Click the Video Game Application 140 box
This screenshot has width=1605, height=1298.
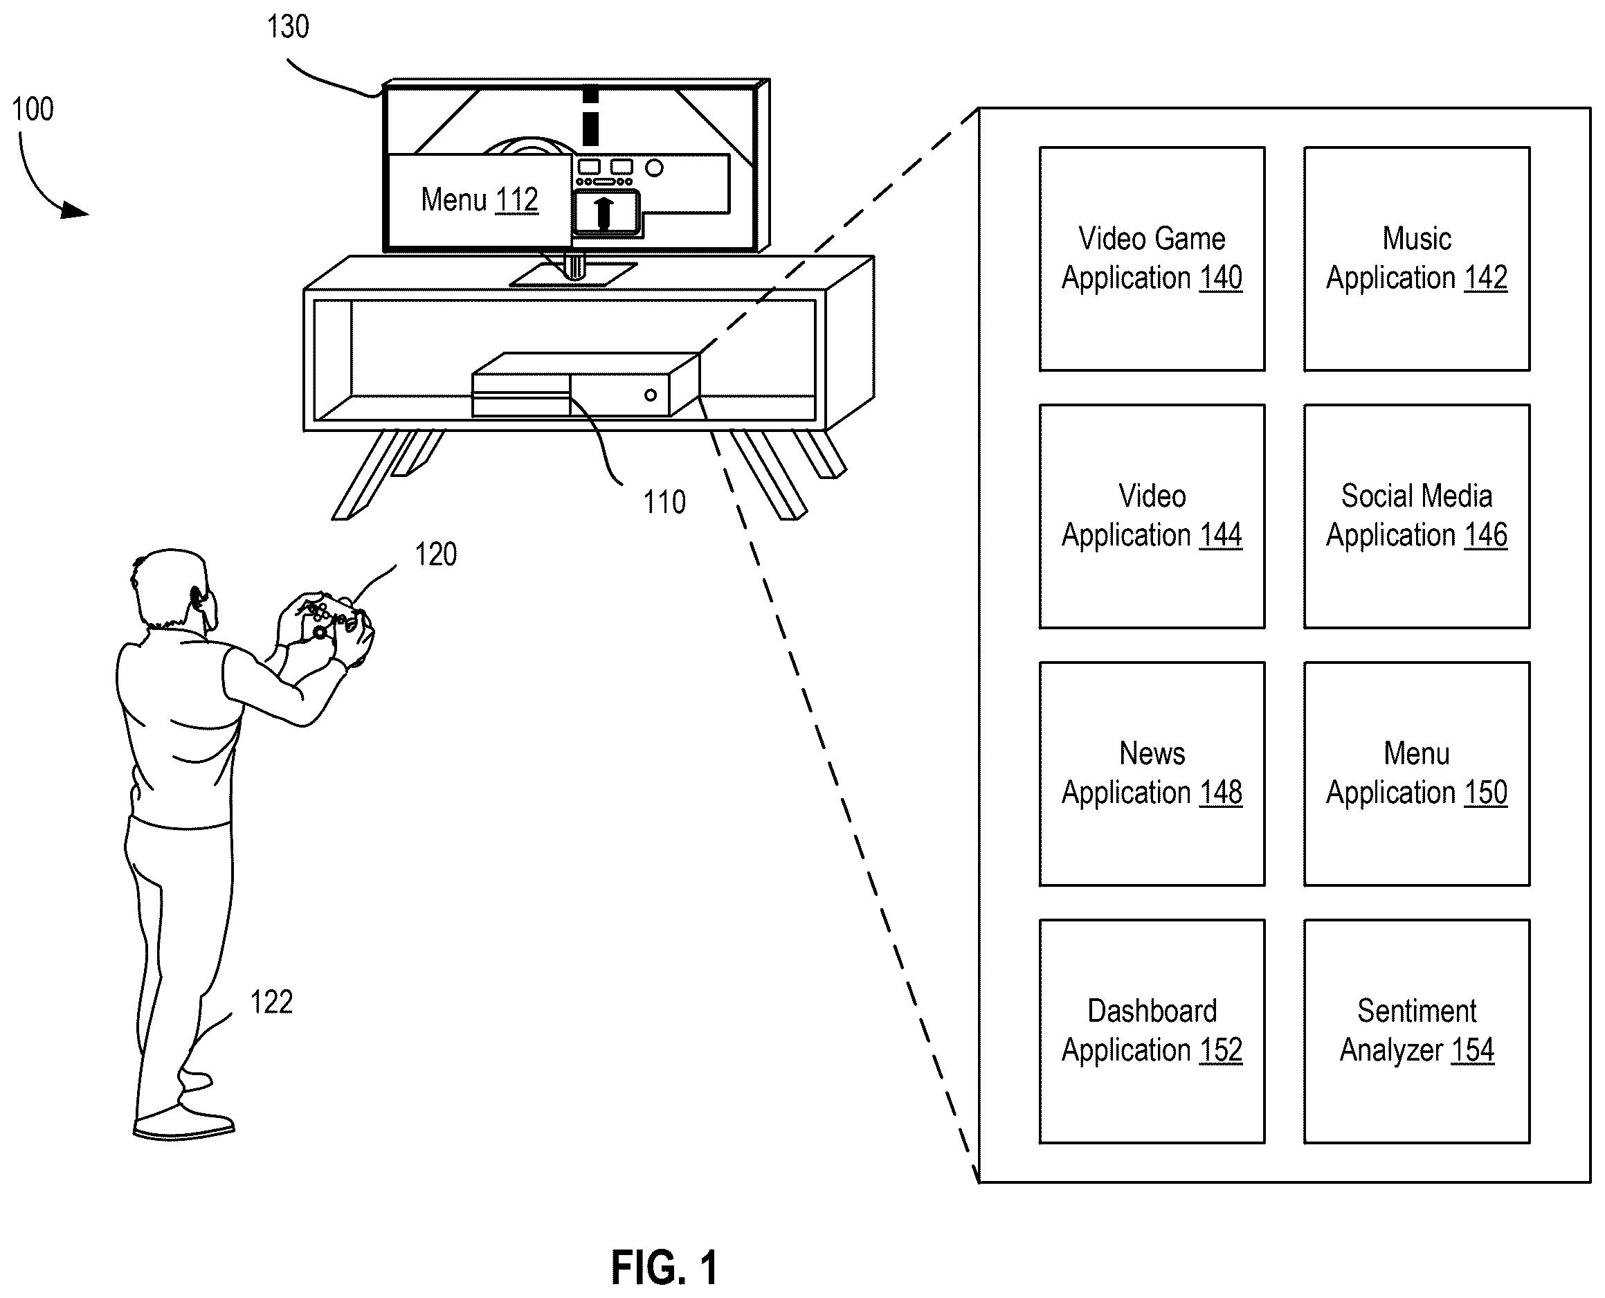[1152, 259]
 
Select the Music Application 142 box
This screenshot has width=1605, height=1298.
[1417, 259]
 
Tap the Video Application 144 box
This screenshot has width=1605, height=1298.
[1152, 516]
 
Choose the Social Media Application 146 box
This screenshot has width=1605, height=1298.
[1417, 516]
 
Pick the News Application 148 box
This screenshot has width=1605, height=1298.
[1152, 774]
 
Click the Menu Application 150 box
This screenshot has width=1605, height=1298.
[1417, 774]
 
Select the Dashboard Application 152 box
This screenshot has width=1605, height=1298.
[1152, 1031]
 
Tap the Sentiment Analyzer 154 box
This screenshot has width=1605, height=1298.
[1417, 1031]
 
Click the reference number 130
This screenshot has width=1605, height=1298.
[288, 27]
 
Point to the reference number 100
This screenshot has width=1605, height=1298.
[33, 109]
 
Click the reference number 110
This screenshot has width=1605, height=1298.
[664, 503]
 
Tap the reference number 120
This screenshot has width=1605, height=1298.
[436, 555]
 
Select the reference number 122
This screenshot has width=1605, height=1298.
[271, 1002]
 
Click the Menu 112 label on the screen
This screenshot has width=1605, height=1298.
[479, 199]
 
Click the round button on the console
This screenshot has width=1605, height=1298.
[651, 395]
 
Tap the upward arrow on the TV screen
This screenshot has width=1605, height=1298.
[604, 213]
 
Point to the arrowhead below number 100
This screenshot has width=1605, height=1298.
[74, 211]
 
